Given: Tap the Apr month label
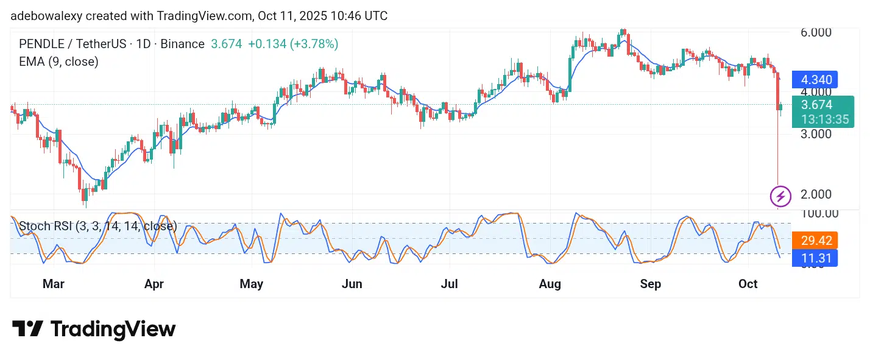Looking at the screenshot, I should [154, 284].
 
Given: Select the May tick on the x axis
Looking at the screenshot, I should [251, 284].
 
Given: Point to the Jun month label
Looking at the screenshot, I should [352, 284].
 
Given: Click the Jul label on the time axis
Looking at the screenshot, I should [449, 284].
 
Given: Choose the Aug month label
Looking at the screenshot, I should [550, 284].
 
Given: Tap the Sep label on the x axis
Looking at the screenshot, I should [650, 284].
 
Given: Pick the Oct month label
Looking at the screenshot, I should [748, 284].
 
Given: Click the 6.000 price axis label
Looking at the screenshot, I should [816, 32].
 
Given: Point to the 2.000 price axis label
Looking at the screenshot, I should [816, 194].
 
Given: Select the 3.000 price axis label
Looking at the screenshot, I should [816, 133].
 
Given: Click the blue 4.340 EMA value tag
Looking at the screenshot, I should [815, 80].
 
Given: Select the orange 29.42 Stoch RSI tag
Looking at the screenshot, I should [815, 240].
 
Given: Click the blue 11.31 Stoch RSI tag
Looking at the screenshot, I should [815, 258].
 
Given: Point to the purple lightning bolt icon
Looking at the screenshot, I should [780, 196].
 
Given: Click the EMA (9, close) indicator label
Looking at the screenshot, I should [58, 62].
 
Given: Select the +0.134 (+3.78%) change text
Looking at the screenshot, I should [293, 44].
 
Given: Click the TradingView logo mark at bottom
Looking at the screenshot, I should [27, 330].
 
